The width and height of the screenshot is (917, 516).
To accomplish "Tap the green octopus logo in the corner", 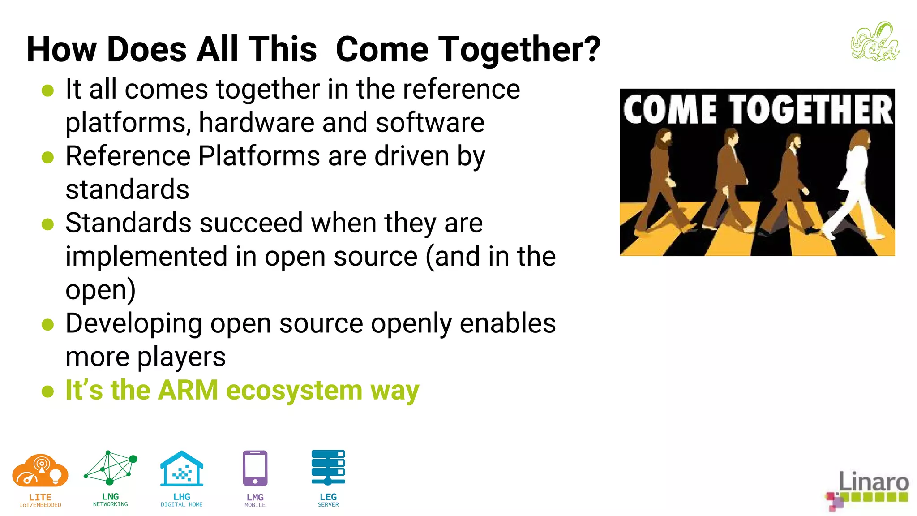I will pyautogui.click(x=875, y=42).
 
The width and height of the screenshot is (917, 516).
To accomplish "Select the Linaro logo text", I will pyautogui.click(x=873, y=482).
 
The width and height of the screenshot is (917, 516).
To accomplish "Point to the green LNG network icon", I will pyautogui.click(x=110, y=468).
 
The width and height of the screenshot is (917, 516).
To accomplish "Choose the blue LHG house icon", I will pyautogui.click(x=182, y=469).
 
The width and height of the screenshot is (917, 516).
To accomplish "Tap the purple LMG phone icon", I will pyautogui.click(x=255, y=468).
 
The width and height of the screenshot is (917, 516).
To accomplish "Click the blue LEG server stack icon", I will pyautogui.click(x=328, y=467).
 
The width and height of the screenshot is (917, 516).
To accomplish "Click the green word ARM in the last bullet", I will pyautogui.click(x=188, y=390).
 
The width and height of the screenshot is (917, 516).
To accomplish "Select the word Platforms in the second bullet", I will pyautogui.click(x=259, y=156).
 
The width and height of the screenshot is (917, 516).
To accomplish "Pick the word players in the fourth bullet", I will pyautogui.click(x=181, y=357).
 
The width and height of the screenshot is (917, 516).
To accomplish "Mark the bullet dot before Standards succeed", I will pyautogui.click(x=47, y=224).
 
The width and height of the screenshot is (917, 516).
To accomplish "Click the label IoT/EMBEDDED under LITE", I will pyautogui.click(x=40, y=505).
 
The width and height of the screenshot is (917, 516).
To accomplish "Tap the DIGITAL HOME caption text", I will pyautogui.click(x=182, y=505).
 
